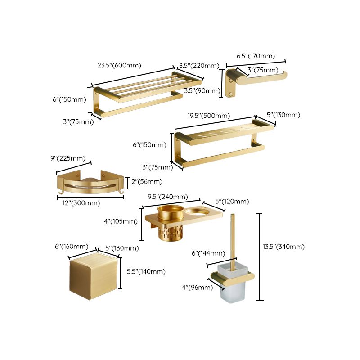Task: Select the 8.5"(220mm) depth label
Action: coord(199,66)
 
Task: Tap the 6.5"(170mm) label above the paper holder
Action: coord(256,56)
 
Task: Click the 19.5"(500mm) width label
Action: coord(209,116)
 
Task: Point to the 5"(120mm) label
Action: coord(231,202)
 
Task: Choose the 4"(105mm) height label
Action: coord(121,221)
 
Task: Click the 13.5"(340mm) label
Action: coord(283,247)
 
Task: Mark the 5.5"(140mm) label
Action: coord(146,271)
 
